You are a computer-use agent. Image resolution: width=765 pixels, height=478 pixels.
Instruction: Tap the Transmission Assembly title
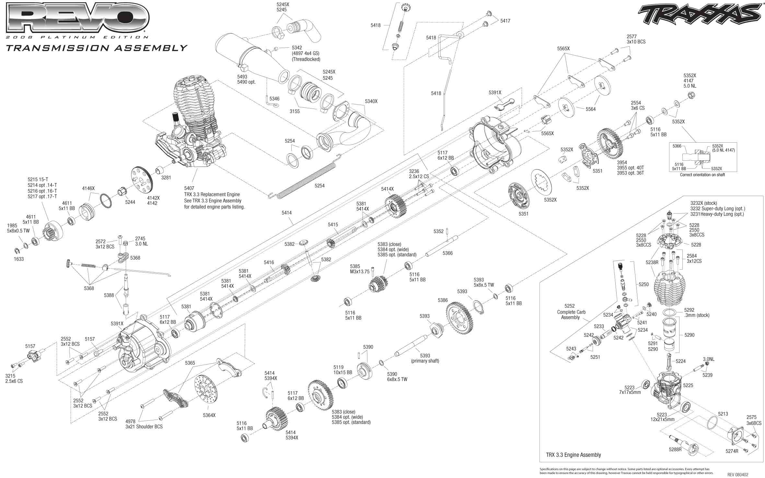pos(97,48)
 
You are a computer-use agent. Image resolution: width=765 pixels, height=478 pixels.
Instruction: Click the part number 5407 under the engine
pos(189,188)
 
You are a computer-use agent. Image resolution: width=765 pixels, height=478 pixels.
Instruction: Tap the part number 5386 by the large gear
pos(443,300)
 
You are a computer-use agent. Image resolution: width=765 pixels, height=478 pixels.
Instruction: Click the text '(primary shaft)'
pos(425,361)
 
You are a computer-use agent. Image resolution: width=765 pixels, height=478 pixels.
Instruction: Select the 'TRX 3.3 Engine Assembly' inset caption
pos(573,455)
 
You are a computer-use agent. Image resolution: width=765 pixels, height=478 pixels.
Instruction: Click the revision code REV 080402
pos(737,475)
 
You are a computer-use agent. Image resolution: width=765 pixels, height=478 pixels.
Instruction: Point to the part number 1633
pos(18,259)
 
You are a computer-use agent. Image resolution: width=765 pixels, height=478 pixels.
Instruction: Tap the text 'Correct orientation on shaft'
pos(702,175)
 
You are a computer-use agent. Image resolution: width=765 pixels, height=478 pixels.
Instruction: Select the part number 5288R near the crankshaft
pos(675,449)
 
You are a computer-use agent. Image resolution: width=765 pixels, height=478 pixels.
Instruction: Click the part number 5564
pos(590,109)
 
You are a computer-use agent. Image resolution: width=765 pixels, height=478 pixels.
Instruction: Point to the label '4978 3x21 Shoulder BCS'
pos(144,424)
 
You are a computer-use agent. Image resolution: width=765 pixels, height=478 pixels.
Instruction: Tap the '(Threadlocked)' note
pos(306,59)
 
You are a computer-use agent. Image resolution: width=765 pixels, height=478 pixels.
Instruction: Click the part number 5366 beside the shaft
pos(447,253)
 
